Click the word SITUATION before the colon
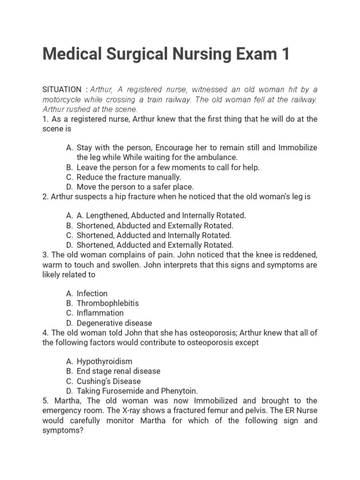(x=61, y=90)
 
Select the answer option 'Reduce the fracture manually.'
(x=128, y=177)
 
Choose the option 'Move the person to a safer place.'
(x=135, y=187)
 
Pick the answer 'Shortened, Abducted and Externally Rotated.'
(x=155, y=225)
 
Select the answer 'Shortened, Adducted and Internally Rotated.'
(x=154, y=235)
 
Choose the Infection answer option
(x=92, y=293)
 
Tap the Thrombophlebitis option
(x=108, y=303)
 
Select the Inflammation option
(x=100, y=313)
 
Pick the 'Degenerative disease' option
(x=114, y=323)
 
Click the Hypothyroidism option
(x=105, y=361)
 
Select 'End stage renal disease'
(x=119, y=371)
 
